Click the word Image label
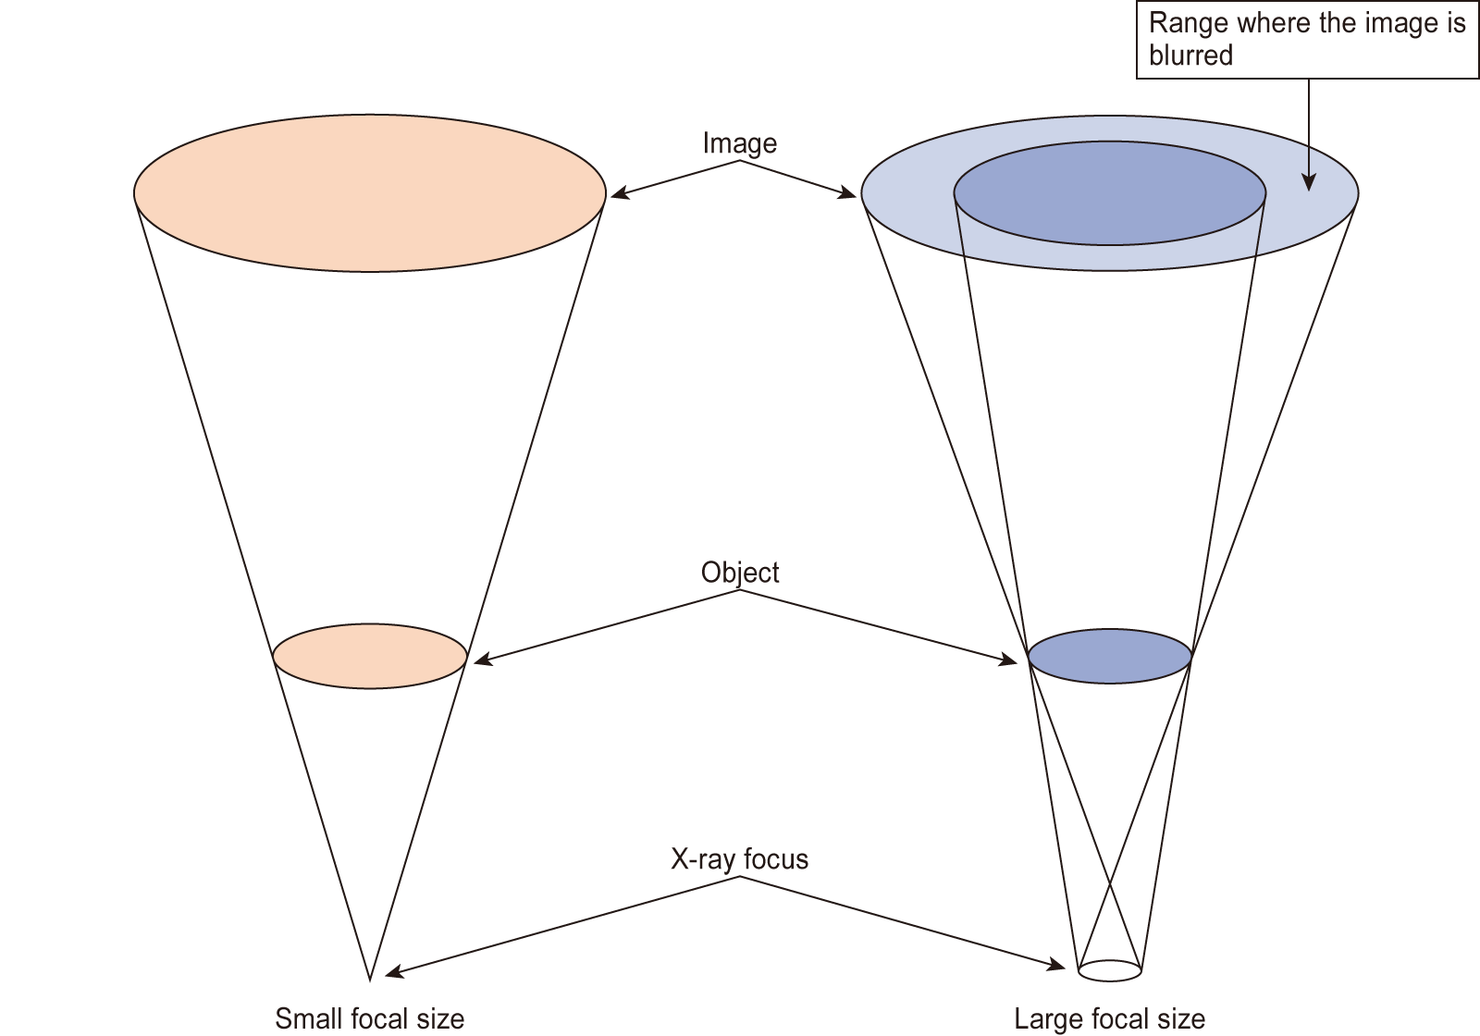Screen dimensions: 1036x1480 (739, 143)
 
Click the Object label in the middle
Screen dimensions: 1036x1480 (739, 573)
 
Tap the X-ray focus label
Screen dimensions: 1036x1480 (739, 859)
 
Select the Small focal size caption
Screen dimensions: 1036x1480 (369, 1018)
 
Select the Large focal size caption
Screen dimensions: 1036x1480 (1109, 1018)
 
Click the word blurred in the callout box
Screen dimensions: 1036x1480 (1190, 55)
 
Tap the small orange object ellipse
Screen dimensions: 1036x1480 (370, 656)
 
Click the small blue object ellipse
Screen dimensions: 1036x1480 (1110, 656)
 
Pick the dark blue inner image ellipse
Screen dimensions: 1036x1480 (1110, 192)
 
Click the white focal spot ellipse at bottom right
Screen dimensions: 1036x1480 (1110, 970)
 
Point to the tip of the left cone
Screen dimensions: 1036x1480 (369, 979)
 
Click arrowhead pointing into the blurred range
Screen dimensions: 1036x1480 (1309, 183)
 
